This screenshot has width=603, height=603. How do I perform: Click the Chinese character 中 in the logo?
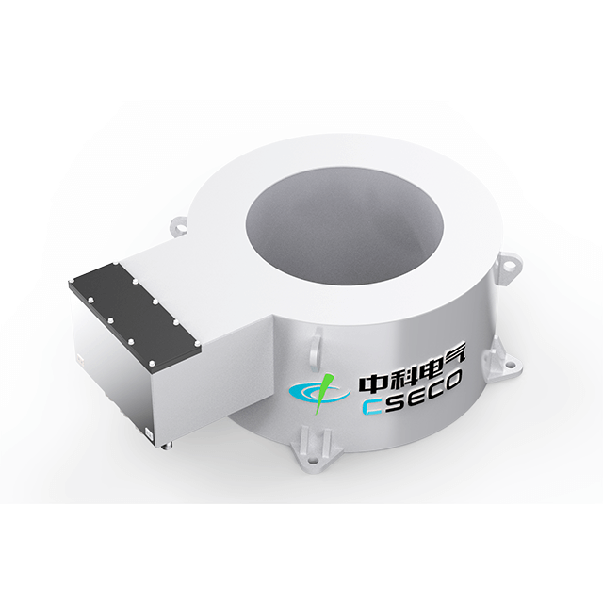pos(367,384)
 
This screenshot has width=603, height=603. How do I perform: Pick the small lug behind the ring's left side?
pos(180,226)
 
